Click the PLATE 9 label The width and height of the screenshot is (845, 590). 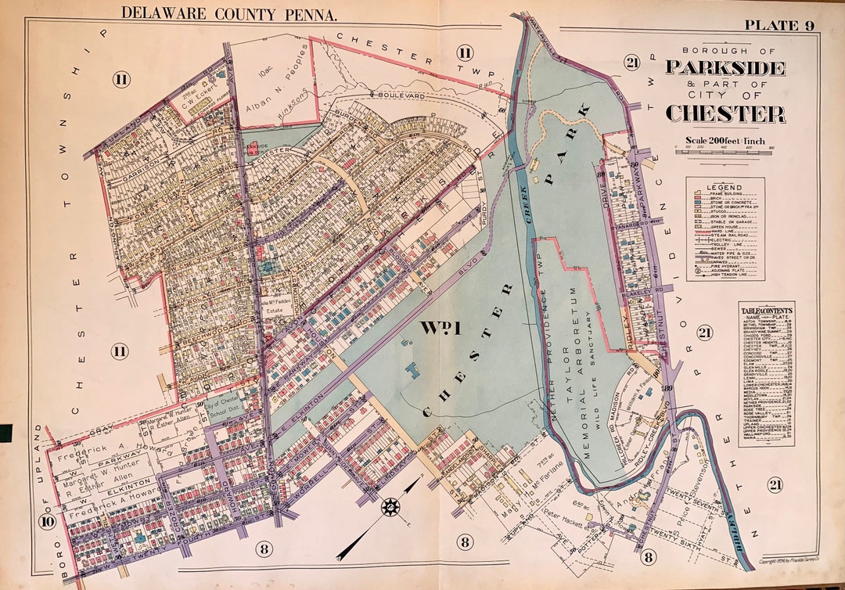click(x=778, y=25)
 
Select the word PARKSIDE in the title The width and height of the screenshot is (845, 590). click(x=725, y=67)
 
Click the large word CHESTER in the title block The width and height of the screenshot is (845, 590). click(x=725, y=113)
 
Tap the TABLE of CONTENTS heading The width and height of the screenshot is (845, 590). click(x=767, y=311)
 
